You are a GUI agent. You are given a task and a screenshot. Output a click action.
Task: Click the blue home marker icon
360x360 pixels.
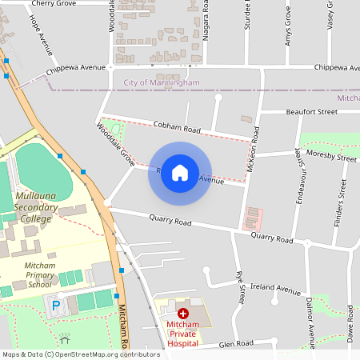(x=180, y=173)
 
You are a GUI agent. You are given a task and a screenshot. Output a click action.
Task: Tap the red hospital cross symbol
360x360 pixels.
(x=182, y=314)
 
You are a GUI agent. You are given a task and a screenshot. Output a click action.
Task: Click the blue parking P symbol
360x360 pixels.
(x=55, y=305)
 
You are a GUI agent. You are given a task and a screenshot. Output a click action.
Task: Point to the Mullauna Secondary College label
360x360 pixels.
(x=36, y=207)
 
